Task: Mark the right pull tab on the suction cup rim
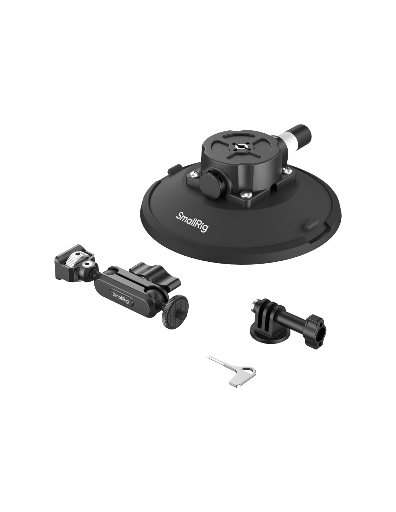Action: [x=310, y=224]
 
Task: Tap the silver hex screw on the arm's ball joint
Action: [x=89, y=264]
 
